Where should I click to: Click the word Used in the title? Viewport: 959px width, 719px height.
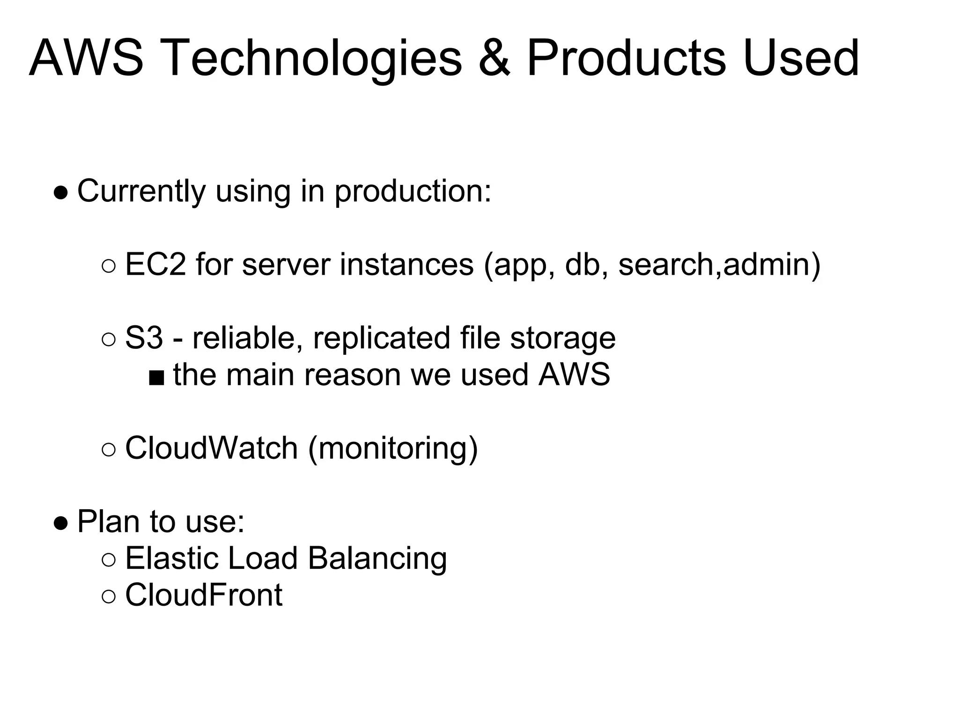point(800,59)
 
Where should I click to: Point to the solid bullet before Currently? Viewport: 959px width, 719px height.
point(61,192)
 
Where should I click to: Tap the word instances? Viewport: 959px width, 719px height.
point(406,264)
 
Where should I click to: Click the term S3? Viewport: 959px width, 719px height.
point(144,338)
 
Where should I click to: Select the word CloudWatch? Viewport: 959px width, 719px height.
point(211,448)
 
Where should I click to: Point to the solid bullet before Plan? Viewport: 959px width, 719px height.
point(61,523)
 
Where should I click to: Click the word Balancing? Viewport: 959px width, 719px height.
point(377,558)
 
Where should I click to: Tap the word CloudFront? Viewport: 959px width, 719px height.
point(204,595)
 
